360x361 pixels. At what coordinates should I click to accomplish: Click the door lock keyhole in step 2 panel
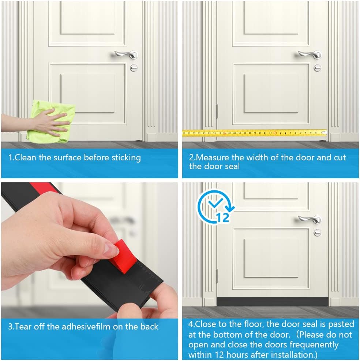(x=317, y=68)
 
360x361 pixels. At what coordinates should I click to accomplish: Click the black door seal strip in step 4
(x=273, y=301)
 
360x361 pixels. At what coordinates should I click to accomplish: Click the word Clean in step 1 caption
(x=26, y=158)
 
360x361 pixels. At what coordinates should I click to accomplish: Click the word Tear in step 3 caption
(x=23, y=326)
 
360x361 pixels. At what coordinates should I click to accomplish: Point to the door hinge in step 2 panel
(x=217, y=111)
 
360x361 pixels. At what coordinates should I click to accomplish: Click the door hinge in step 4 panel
(x=217, y=276)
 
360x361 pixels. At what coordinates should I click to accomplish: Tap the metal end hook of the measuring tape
(x=325, y=132)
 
